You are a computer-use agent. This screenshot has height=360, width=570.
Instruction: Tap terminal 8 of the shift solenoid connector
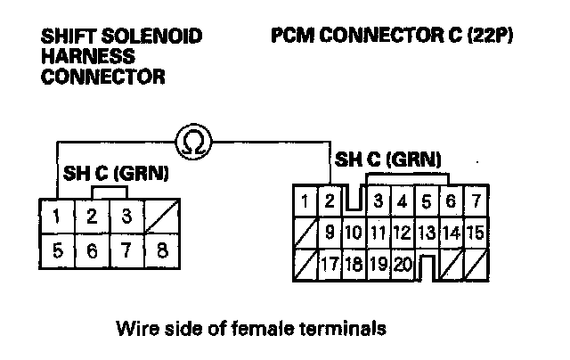pos(161,250)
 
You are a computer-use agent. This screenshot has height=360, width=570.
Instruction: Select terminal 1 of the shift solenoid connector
pos(57,217)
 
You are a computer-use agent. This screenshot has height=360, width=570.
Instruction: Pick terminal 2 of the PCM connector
pos(329,201)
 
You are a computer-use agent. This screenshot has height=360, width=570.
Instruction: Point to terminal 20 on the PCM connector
pos(403,264)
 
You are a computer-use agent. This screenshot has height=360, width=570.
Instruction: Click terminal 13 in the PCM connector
pos(427,234)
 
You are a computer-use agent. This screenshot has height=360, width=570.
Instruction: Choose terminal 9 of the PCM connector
pos(329,234)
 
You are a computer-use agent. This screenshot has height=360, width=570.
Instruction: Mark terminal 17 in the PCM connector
pos(329,264)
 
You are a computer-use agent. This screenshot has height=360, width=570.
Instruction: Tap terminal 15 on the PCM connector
pos(475,234)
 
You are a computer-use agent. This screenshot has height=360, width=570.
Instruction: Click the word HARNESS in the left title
pos(81,57)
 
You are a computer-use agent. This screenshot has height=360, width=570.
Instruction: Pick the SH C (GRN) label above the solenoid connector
pos(115,173)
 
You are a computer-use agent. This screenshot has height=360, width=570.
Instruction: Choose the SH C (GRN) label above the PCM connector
pos(387,160)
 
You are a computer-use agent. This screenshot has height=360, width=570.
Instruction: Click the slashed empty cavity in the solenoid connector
pos(161,217)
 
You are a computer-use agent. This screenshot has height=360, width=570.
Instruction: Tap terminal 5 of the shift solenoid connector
pos(57,250)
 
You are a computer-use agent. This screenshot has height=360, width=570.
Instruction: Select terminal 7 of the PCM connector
pos(476,201)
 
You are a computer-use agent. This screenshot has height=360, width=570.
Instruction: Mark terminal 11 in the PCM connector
pos(378,234)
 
